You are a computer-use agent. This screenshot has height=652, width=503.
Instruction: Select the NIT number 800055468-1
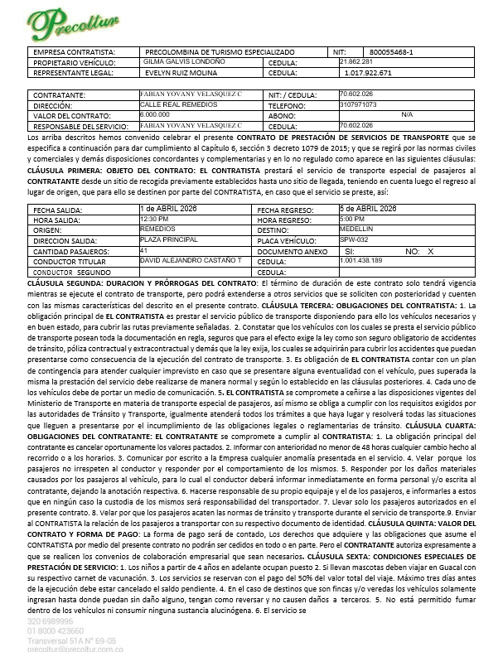point(391,52)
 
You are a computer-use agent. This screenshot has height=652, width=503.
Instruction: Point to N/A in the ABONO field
point(406,115)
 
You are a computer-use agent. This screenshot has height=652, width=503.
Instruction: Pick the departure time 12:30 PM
point(153,218)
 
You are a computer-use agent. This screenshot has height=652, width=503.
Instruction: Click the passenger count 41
point(144,249)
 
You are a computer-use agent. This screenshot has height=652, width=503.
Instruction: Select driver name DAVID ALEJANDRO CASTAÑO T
point(191,260)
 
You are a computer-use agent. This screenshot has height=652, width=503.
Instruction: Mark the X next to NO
point(430,249)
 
